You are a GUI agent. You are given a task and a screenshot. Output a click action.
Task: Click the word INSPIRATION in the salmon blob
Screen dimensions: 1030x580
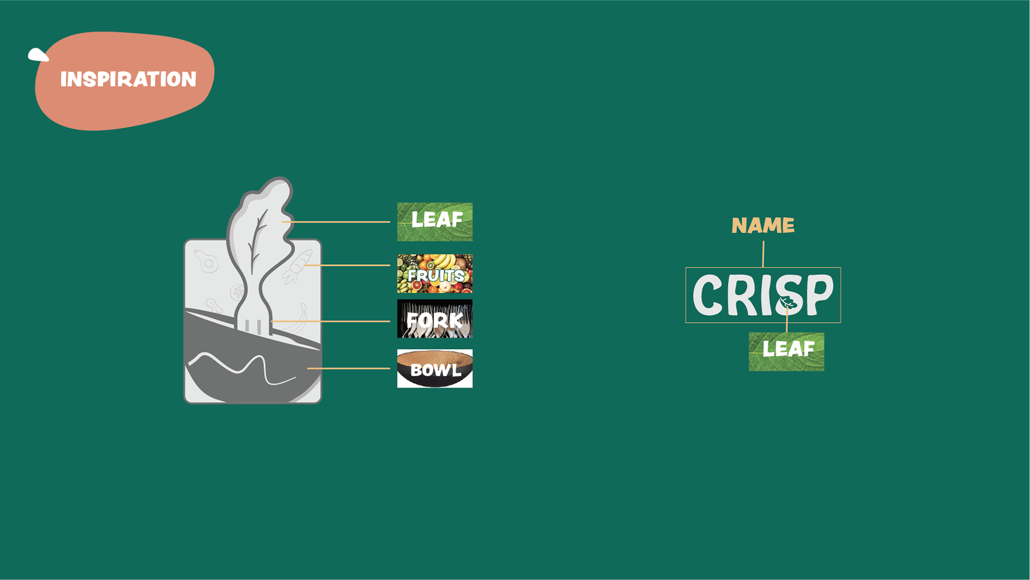point(128,79)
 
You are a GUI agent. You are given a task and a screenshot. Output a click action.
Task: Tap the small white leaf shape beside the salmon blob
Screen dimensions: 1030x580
point(38,55)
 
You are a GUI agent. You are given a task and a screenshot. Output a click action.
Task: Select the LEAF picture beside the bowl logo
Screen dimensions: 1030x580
point(435,221)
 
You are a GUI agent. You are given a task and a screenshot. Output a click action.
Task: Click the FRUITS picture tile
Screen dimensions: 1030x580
point(435,273)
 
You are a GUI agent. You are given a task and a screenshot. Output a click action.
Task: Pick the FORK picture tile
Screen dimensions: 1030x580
point(435,318)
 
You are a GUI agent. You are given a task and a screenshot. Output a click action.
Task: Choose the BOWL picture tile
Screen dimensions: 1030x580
point(435,368)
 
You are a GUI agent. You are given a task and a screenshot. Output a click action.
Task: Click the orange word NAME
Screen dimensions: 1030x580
point(763,226)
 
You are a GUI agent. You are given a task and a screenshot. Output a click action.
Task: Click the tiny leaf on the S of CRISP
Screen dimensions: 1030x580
point(788,302)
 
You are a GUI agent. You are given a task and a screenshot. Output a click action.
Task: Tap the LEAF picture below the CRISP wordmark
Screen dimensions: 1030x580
point(786,351)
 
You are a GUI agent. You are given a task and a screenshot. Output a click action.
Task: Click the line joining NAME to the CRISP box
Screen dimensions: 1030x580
point(763,253)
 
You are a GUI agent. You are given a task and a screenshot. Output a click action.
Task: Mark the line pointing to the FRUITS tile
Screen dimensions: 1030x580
point(349,265)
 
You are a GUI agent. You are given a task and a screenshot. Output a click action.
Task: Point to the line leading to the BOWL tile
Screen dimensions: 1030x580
point(349,368)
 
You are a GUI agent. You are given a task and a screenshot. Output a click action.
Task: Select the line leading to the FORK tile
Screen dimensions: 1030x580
point(333,321)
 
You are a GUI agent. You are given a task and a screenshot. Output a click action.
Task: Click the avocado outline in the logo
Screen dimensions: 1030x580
point(207,262)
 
